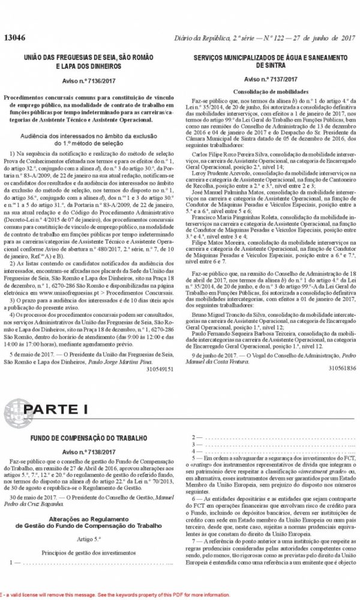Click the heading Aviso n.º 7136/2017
93,79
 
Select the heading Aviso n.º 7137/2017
271,79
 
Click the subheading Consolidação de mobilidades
271,91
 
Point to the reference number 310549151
158,370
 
